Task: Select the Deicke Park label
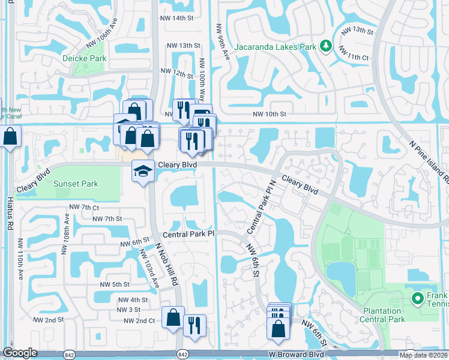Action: (x=84, y=58)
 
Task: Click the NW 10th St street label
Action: (x=270, y=114)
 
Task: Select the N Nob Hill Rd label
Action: (x=167, y=265)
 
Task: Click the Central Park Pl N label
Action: (x=262, y=208)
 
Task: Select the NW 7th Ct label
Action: (x=83, y=207)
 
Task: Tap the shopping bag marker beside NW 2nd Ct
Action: (x=173, y=319)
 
